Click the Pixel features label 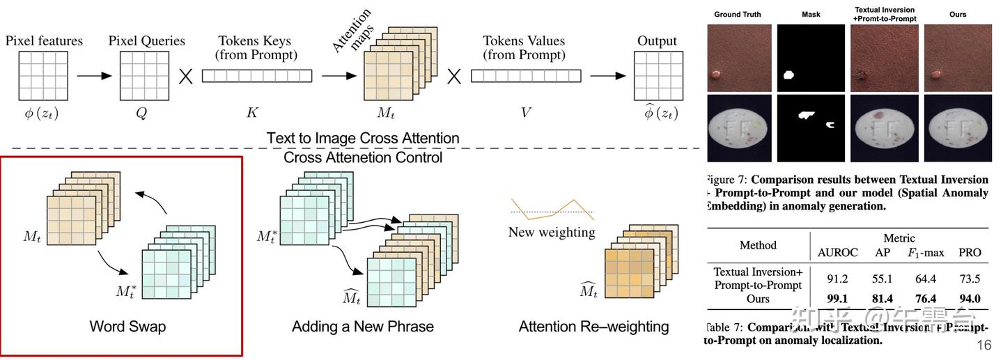click(44, 41)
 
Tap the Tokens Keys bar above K click(256, 76)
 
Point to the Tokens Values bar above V click(524, 76)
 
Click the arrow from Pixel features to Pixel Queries click(93, 76)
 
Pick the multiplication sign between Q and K click(185, 76)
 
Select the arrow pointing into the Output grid click(608, 76)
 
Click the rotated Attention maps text click(352, 31)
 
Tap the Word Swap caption click(127, 327)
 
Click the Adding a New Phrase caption click(362, 327)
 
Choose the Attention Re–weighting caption click(593, 327)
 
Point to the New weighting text click(552, 232)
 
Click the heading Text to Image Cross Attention click(363, 138)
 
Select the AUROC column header click(837, 253)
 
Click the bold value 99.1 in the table click(837, 299)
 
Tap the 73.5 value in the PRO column click(970, 279)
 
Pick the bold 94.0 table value click(970, 299)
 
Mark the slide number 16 click(983, 346)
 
